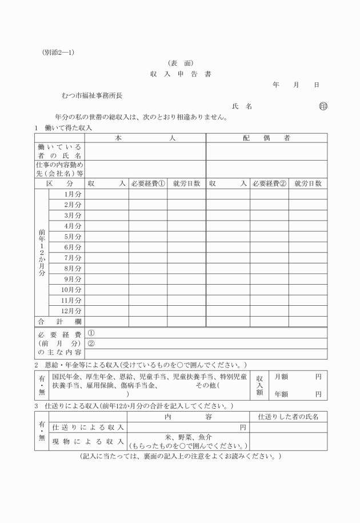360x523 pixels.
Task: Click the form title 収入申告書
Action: coord(180,74)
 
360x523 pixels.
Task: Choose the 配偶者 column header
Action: coord(266,138)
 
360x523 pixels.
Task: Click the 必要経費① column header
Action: coord(147,183)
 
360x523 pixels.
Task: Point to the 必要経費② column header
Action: coord(269,183)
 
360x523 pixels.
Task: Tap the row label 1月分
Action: coord(73,194)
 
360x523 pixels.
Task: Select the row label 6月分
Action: coord(73,247)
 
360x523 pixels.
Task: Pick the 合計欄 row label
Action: coord(59,321)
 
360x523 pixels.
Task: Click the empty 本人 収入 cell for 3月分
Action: coord(106,215)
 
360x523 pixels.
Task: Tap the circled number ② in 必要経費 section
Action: coord(91,344)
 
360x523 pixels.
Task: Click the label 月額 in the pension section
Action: coord(281,377)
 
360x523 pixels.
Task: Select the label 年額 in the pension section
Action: coord(281,394)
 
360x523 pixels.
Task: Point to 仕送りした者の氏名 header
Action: coord(288,417)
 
